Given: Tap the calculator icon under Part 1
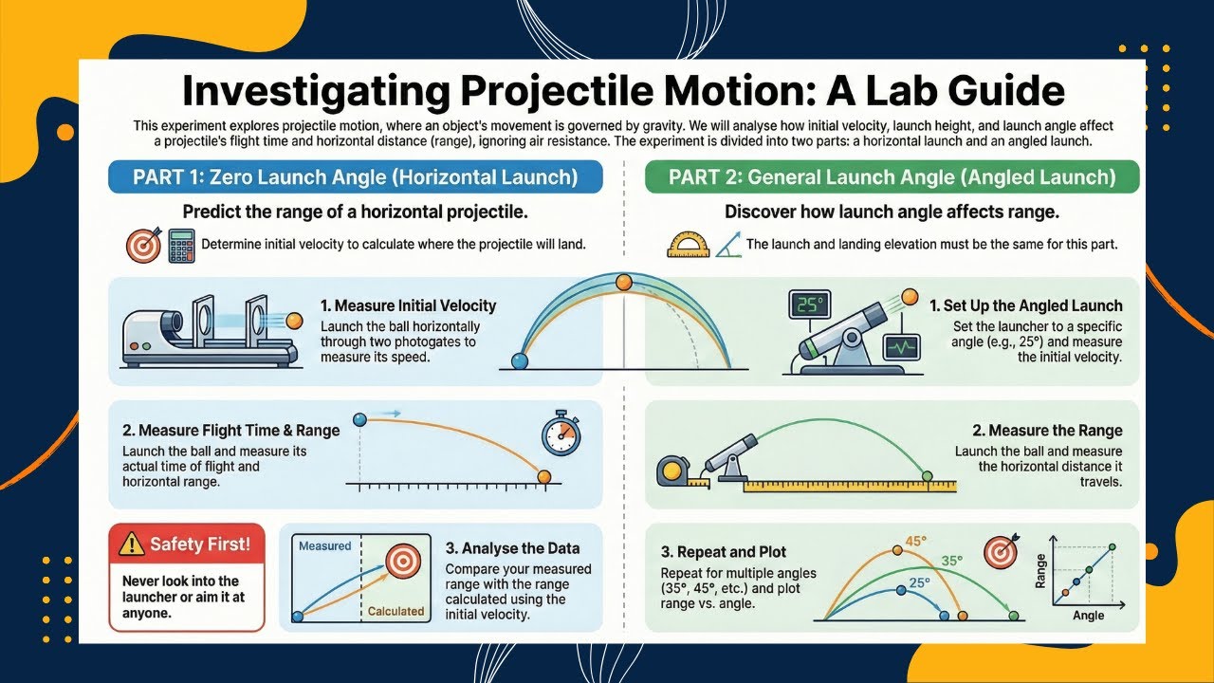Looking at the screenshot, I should tap(181, 245).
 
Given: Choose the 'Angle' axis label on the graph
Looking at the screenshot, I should tap(1088, 616).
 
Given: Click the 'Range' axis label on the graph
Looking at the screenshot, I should tap(1040, 571).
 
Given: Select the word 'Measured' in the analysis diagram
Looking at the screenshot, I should tap(324, 545).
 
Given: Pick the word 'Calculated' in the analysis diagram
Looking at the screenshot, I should tap(395, 611).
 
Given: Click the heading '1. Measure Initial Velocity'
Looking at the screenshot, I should tap(408, 305).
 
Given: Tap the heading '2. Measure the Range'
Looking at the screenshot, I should tap(1047, 431).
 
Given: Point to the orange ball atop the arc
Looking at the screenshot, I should tap(623, 282).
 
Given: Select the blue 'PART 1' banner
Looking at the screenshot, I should tap(355, 177).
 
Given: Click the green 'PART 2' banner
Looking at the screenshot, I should tap(892, 177).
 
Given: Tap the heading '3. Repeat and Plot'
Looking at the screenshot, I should tap(723, 551).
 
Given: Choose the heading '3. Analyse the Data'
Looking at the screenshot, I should tap(512, 547).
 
